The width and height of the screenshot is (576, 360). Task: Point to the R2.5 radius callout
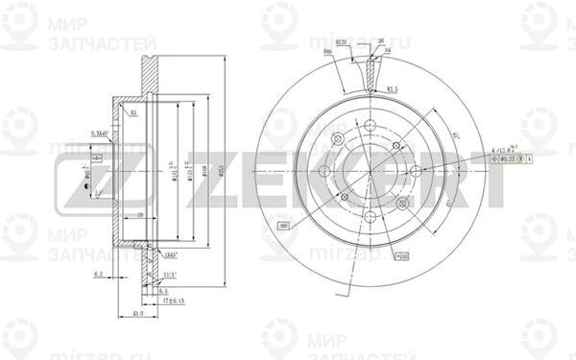[393, 88]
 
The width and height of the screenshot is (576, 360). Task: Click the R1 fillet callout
[133, 113]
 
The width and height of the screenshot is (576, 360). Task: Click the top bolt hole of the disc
[338, 140]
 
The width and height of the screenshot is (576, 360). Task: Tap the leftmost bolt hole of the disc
[324, 172]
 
